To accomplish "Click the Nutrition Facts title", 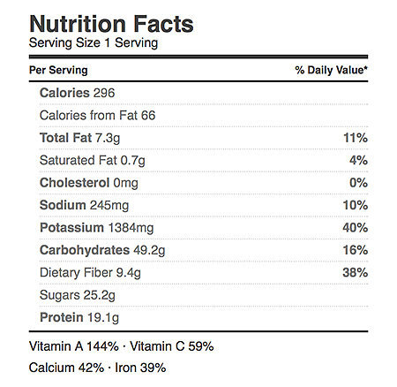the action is [x=111, y=24].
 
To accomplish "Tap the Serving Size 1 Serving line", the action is [x=94, y=43].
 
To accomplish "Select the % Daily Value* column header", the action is [x=332, y=70].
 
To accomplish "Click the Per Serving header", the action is [x=58, y=70].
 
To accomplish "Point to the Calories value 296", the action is [x=104, y=93].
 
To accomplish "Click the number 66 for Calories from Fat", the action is [x=148, y=115].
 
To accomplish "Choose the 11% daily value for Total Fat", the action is [x=356, y=138].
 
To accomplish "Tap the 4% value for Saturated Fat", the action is [x=358, y=160].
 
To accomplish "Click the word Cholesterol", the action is [x=75, y=183].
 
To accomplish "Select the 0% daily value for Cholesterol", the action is [x=358, y=183].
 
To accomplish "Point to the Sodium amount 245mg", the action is [x=109, y=205].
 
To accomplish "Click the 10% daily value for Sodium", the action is [x=356, y=205].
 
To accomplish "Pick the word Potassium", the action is [x=71, y=228].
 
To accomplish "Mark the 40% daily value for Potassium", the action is [x=356, y=228].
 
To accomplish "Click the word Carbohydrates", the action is [x=85, y=250].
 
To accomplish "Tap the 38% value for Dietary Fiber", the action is [x=356, y=272].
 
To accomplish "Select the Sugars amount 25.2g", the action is [x=100, y=295].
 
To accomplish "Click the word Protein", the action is [x=62, y=317].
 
